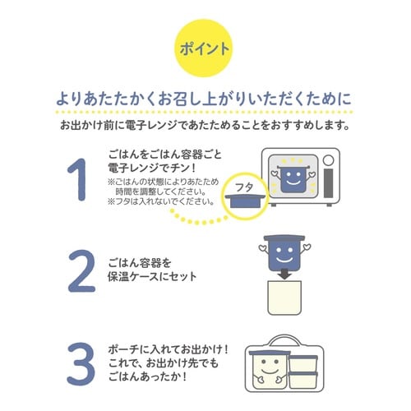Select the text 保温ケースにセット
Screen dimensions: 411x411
pos(152,277)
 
